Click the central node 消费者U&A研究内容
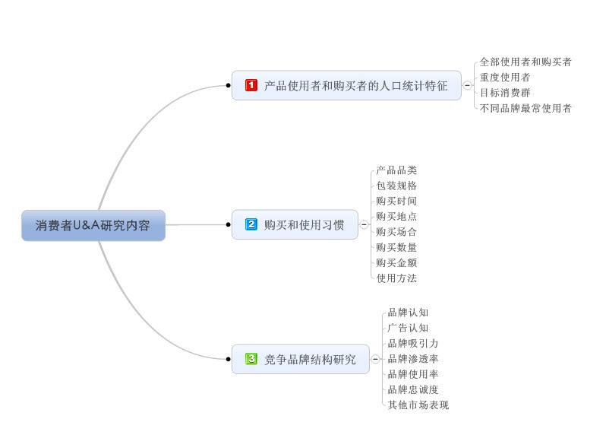pos(93,225)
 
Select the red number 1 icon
pos(251,85)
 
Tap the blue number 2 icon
pos(251,224)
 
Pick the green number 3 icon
pos(251,358)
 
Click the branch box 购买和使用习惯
pos(295,224)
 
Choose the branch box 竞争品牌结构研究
pos(300,359)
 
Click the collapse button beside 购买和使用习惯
pos(364,224)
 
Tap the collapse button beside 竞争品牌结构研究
pos(375,359)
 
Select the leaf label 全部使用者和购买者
pos(526,62)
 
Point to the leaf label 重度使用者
pos(505,77)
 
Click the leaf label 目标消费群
pos(505,92)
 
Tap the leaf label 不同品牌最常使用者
pos(526,108)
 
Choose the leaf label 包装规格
pos(396,186)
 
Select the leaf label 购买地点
pos(396,216)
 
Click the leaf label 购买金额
pos(396,262)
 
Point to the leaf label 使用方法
pos(396,278)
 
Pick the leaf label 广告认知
pos(408,328)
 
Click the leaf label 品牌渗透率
pos(412,358)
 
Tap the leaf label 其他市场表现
pos(418,405)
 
